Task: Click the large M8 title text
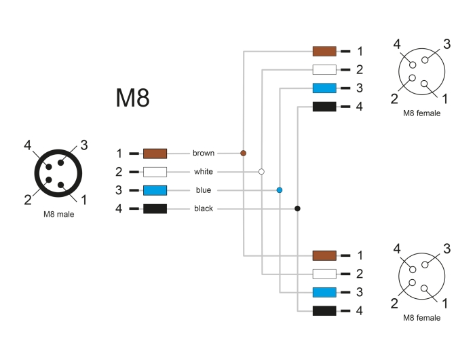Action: pos(133,98)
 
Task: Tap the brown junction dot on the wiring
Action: pos(243,153)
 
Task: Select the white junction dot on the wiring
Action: pos(261,172)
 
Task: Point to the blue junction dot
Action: pos(280,190)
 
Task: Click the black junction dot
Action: pos(297,209)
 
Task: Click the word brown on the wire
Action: pos(204,153)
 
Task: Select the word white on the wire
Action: pos(204,172)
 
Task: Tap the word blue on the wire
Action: pos(204,190)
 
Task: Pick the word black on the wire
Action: pos(204,209)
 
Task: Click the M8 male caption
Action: pos(59,215)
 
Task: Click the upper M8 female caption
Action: pos(421,113)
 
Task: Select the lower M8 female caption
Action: pos(421,318)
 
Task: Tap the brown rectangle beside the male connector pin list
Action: pos(155,154)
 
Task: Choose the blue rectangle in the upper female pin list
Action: pos(324,88)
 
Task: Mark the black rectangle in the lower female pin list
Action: pos(324,311)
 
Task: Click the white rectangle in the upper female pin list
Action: pos(324,69)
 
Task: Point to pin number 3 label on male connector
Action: pos(84,145)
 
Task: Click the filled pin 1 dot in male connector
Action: pos(61,185)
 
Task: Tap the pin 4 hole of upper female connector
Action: pos(413,65)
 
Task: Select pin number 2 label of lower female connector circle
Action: pos(394,304)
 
